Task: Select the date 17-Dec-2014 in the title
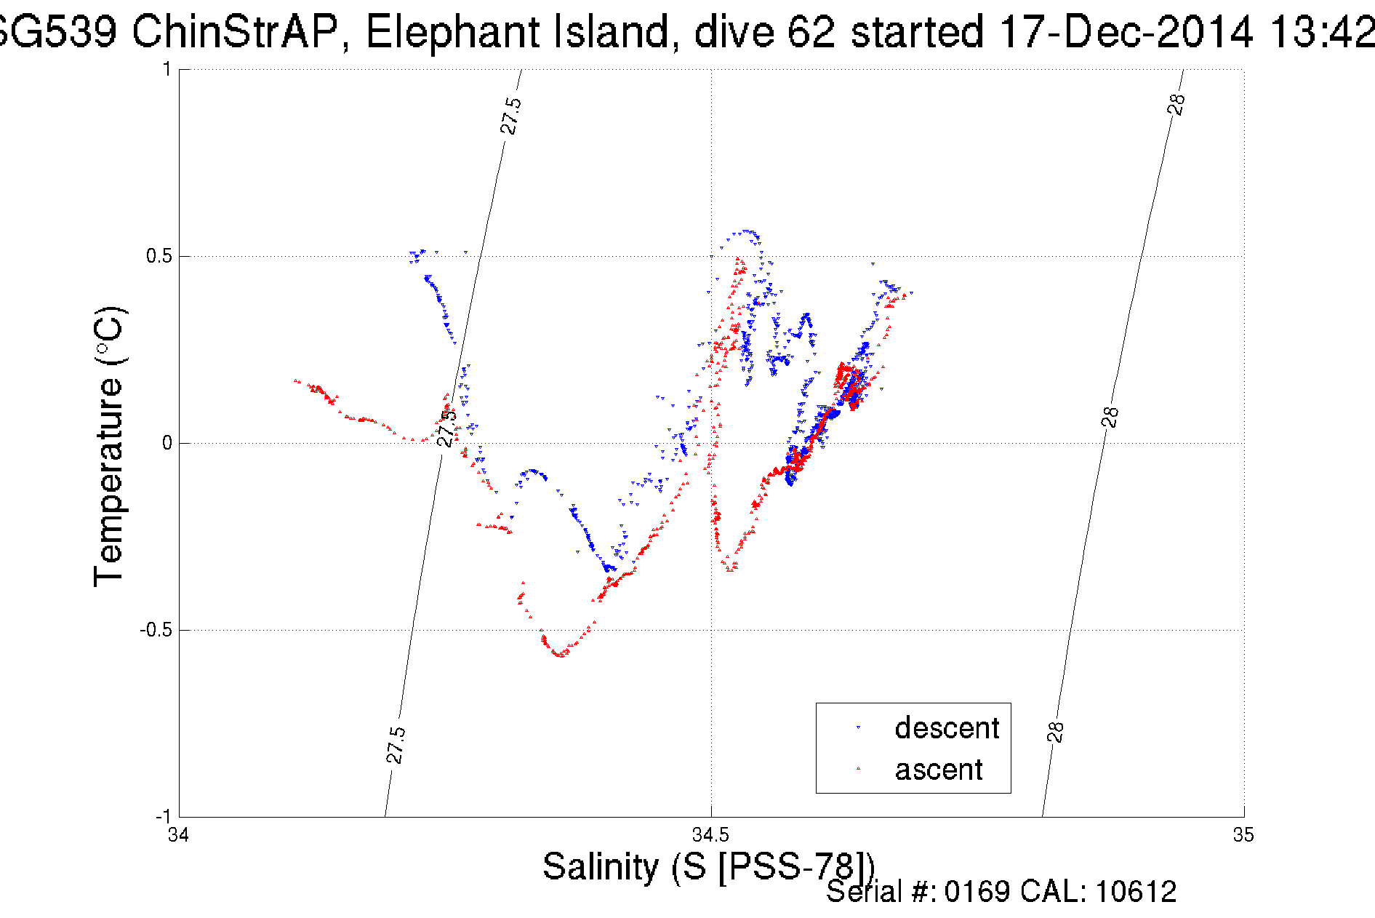coord(1126,31)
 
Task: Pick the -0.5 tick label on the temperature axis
coord(156,630)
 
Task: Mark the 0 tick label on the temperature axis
coord(167,443)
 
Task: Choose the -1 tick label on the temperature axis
coord(163,816)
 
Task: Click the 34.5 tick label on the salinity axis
coord(710,834)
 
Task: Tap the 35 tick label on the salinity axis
coord(1243,834)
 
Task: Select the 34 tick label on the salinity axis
coord(178,834)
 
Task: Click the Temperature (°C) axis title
coord(109,447)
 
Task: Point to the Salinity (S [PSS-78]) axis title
coord(708,866)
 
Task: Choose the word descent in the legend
coord(947,727)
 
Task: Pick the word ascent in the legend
coord(938,769)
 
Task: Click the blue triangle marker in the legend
coord(858,727)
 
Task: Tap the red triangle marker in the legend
coord(858,768)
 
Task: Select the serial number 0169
coord(977,892)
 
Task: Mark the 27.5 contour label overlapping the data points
coord(446,427)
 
